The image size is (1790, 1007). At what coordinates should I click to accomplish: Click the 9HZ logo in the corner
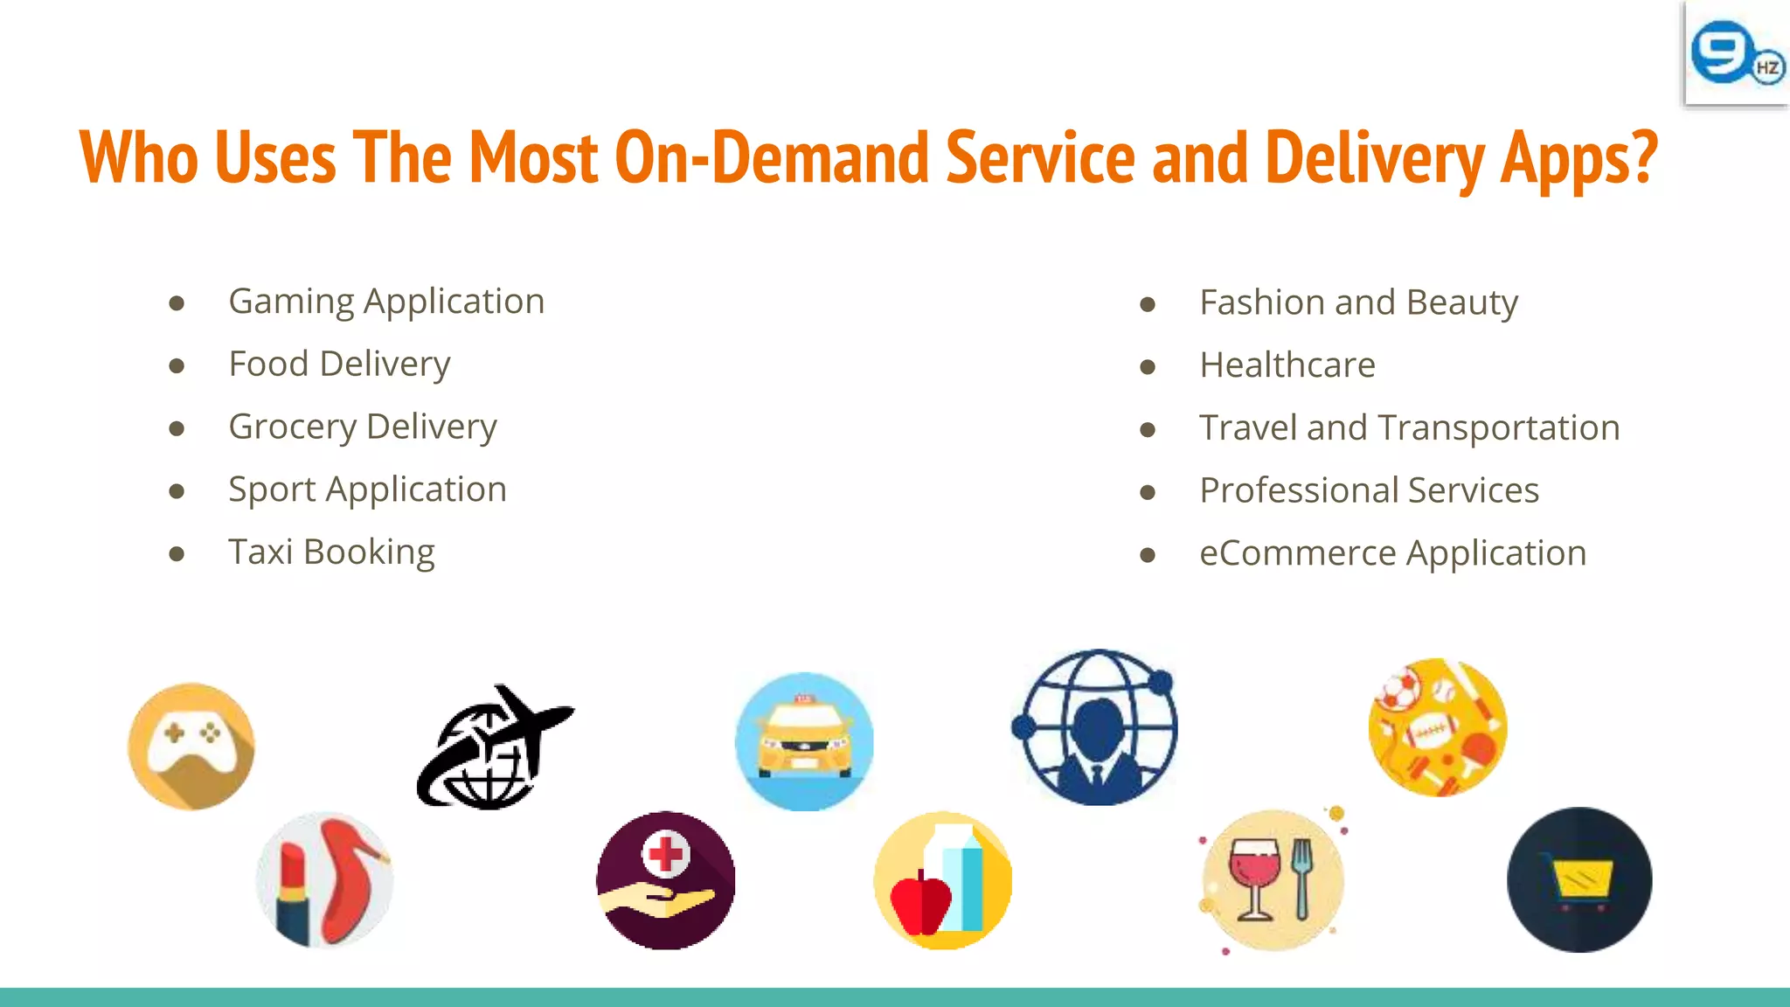pos(1736,54)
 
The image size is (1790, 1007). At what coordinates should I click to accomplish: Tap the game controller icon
pos(191,746)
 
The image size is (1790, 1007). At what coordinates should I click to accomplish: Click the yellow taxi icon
pos(804,741)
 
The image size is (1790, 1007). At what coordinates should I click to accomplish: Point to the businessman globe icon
pos(1096,727)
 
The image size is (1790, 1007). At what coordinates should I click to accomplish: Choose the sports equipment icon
pos(1437,727)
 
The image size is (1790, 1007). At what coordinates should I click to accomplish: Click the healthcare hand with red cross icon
pos(665,880)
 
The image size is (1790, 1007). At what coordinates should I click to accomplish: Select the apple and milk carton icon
pos(943,880)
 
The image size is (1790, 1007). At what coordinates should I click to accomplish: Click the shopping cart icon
pos(1579,880)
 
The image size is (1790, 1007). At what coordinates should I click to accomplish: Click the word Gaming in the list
pos(291,302)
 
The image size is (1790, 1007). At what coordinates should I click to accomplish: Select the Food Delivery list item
pos(339,365)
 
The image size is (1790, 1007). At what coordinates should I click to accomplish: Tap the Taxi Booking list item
pos(331,552)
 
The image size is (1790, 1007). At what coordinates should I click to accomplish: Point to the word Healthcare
pos(1287,365)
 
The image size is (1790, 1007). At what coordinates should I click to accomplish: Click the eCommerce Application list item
pos(1392,553)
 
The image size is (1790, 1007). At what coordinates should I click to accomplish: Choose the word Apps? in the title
pos(1578,158)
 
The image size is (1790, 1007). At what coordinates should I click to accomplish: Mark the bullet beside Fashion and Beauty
pos(1148,304)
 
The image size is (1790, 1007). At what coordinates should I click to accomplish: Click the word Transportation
pos(1499,428)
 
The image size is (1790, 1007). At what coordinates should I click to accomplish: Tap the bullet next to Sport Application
pos(177,491)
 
